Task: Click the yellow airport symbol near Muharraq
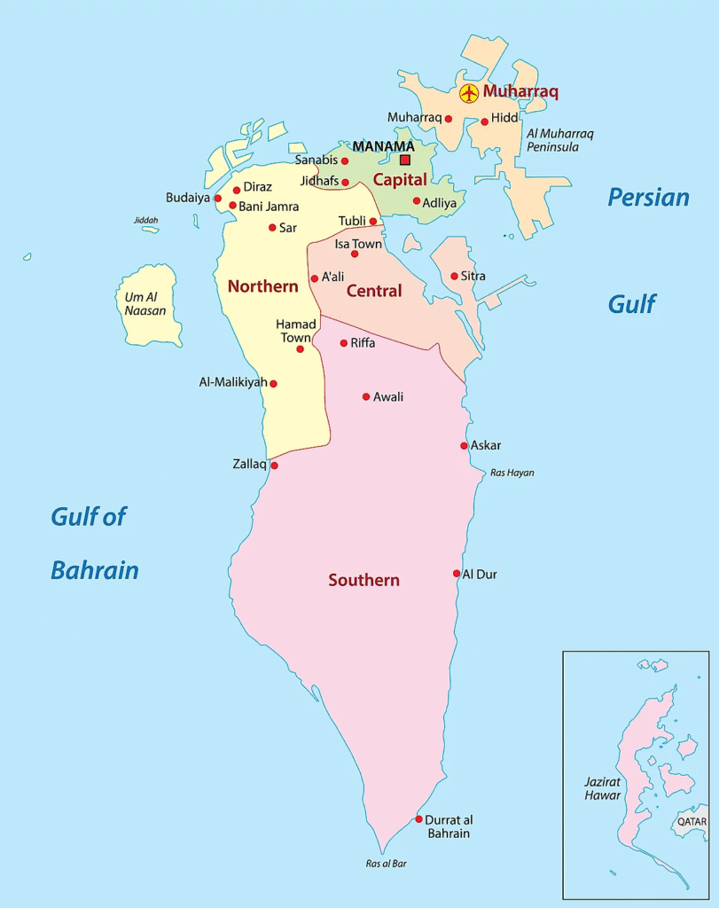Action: (469, 92)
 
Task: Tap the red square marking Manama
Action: (405, 160)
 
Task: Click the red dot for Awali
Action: (366, 396)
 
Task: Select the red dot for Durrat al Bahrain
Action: (419, 818)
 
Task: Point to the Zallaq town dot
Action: (274, 466)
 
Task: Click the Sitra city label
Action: (473, 276)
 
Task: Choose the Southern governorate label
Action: (363, 580)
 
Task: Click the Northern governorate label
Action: (262, 286)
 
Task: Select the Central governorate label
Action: (374, 291)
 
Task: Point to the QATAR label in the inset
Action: (692, 822)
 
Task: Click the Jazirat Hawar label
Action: (603, 788)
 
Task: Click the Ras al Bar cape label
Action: (387, 863)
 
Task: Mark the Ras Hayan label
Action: (512, 473)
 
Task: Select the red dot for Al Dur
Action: (457, 574)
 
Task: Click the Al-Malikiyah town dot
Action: (273, 384)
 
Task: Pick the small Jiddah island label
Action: (146, 220)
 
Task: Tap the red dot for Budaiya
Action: (218, 198)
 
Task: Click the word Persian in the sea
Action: (648, 197)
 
